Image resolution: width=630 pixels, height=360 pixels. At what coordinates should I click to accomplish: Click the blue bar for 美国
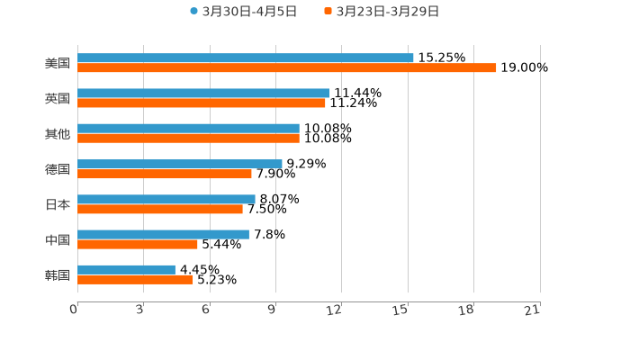(246, 58)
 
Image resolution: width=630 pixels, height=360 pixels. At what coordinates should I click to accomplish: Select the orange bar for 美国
(287, 67)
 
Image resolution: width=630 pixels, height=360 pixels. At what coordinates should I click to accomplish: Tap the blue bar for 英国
(203, 93)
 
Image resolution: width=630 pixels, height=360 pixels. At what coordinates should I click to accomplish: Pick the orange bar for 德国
(165, 174)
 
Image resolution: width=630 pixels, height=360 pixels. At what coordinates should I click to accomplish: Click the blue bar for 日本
(166, 199)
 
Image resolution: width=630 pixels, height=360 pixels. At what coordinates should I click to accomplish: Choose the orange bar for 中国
(138, 244)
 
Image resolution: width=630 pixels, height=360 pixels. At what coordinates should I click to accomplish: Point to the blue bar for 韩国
(126, 269)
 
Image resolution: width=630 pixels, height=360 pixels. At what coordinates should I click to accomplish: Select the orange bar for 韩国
(135, 279)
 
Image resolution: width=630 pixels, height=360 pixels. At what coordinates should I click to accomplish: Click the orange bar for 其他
(188, 138)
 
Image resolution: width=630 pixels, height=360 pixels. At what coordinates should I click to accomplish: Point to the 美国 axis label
(58, 63)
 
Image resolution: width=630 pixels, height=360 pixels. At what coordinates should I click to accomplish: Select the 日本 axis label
(58, 204)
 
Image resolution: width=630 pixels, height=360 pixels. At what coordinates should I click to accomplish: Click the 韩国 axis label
(58, 274)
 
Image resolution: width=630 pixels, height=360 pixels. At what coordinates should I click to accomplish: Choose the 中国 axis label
(58, 239)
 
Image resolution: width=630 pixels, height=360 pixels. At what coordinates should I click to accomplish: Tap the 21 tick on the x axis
(532, 310)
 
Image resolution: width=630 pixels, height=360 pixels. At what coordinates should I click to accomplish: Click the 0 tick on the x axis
(74, 310)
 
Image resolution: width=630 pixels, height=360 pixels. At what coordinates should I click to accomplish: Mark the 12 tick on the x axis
(335, 310)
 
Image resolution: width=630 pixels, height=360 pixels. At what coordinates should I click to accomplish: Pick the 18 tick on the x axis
(466, 310)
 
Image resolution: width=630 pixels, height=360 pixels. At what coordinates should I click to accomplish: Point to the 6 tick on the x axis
(206, 310)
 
